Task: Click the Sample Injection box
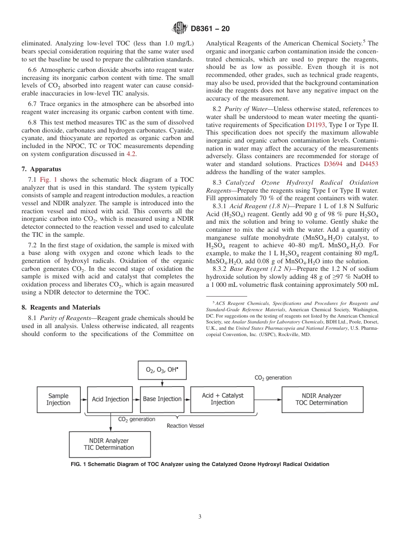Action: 58,399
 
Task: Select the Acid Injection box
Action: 111,399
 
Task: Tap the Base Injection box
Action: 162,399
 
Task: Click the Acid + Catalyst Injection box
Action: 222,399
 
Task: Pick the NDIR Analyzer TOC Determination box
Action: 321,399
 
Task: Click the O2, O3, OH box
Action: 162,370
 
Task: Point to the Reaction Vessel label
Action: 185,426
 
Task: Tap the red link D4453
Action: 369,164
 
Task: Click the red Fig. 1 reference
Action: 48,180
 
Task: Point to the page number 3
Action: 200,516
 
